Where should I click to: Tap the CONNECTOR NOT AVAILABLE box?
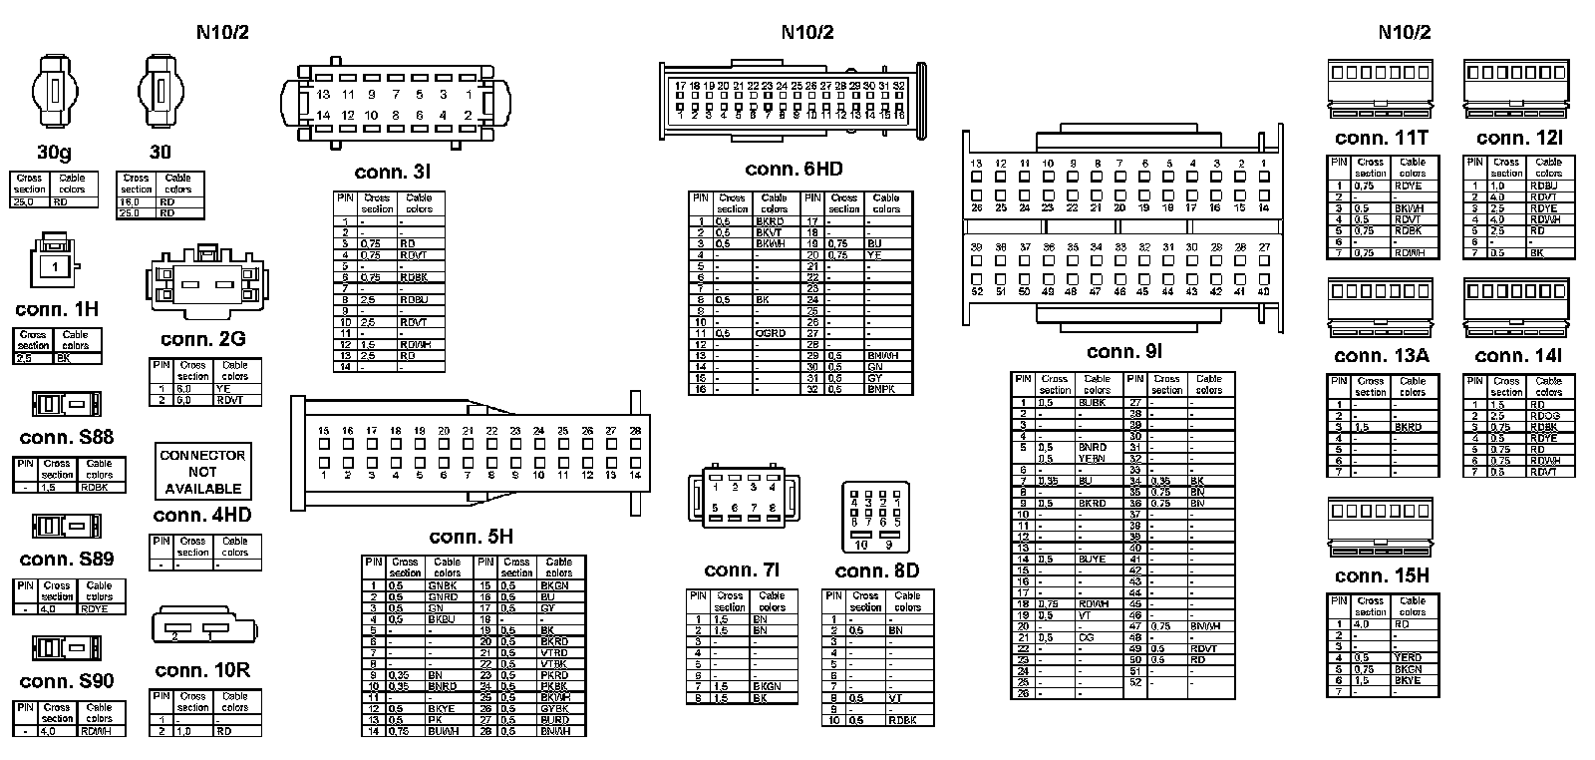click(x=202, y=472)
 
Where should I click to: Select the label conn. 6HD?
click(x=794, y=170)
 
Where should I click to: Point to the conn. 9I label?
click(x=1124, y=351)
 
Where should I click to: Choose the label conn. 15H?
click(x=1382, y=575)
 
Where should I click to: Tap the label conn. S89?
click(x=67, y=559)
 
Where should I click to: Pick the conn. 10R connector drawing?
click(x=203, y=627)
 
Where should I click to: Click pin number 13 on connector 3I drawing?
click(x=323, y=95)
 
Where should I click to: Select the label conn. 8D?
click(x=877, y=570)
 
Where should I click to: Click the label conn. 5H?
click(x=471, y=537)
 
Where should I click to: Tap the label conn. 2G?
click(x=202, y=339)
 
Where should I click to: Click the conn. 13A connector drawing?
click(x=1381, y=307)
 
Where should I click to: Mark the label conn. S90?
click(x=67, y=681)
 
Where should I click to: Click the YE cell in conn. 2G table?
click(x=223, y=389)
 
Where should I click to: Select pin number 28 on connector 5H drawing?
click(x=635, y=431)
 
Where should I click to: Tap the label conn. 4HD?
click(x=202, y=516)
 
